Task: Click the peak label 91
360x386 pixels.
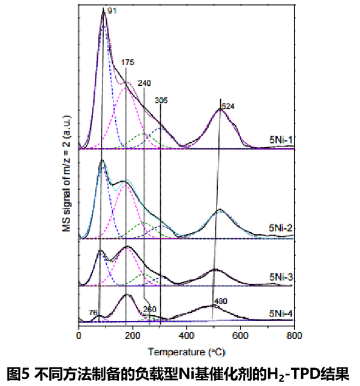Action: click(112, 11)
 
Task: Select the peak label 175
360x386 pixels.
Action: click(128, 62)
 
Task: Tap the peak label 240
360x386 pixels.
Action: click(145, 84)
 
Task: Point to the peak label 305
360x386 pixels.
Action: click(161, 101)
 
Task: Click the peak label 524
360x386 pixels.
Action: click(228, 106)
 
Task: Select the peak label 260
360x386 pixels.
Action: click(150, 310)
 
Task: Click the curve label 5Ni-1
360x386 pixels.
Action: click(280, 142)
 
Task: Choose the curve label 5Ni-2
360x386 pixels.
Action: click(280, 228)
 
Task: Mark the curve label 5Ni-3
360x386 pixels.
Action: click(280, 277)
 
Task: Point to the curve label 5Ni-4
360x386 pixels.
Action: click(280, 313)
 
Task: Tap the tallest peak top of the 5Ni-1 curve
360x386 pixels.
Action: click(103, 12)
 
